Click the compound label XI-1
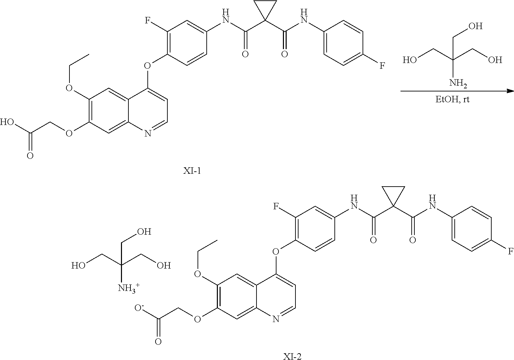[192, 171]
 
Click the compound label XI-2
[292, 356]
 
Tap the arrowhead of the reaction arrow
[510, 91]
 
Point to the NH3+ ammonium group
[129, 288]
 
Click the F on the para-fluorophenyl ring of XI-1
[382, 65]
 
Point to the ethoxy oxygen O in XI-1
[69, 88]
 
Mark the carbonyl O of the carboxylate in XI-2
[158, 341]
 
